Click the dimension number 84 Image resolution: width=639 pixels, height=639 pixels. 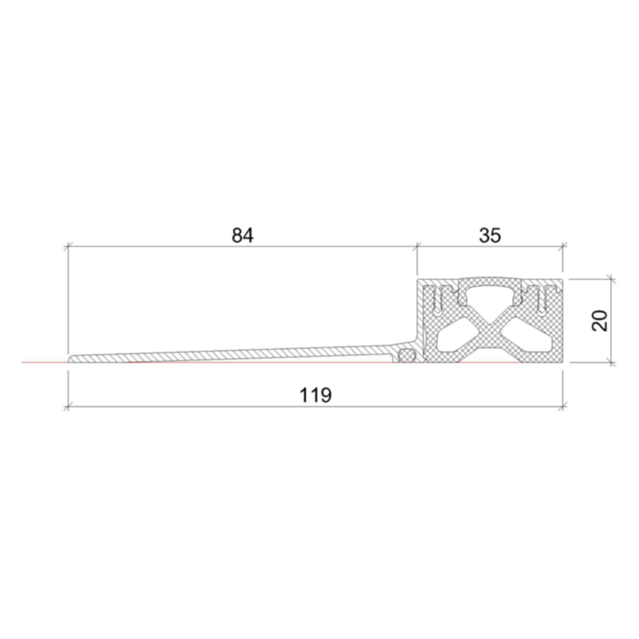tap(242, 236)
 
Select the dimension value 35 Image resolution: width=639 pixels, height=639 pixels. tap(490, 236)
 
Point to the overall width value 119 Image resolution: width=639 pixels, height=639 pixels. tap(315, 395)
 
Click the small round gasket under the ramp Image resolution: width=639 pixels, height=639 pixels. tap(407, 356)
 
